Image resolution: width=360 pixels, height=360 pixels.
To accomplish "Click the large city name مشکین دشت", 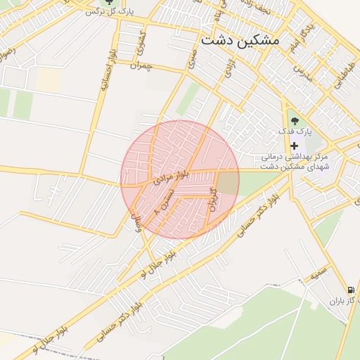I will tap(240, 40).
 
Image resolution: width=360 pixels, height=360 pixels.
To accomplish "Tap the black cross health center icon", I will tap(294, 146).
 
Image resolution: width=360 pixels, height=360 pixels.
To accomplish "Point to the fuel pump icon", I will tap(349, 289).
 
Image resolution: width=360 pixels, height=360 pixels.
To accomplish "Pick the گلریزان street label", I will tap(212, 198).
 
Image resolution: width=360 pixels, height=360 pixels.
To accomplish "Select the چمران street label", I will tap(141, 65).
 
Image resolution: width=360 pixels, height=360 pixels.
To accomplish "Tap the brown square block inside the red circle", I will tap(226, 183).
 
